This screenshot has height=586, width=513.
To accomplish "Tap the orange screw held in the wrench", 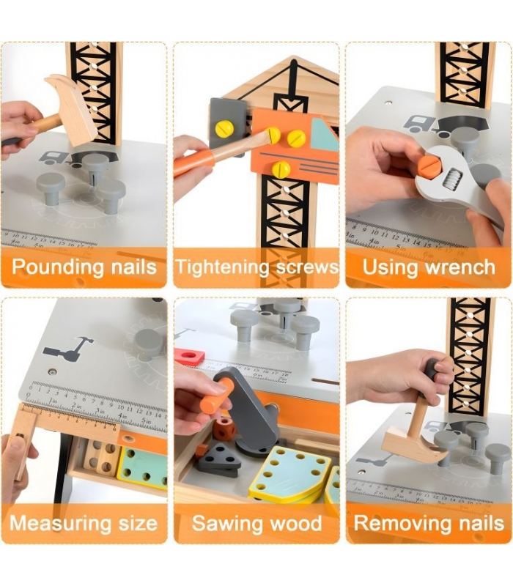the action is point(429,165).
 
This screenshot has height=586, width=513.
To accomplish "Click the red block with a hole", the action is point(190,356).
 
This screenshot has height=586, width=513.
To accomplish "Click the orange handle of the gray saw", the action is point(215,396).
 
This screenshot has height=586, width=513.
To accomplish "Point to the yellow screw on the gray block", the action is point(224,129).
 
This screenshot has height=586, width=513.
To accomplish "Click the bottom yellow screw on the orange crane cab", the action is point(281,169).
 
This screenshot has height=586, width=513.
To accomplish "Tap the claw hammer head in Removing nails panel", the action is point(415,445).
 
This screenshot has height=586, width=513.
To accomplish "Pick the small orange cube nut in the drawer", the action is point(224,429).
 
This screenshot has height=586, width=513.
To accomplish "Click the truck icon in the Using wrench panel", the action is point(420,125).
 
